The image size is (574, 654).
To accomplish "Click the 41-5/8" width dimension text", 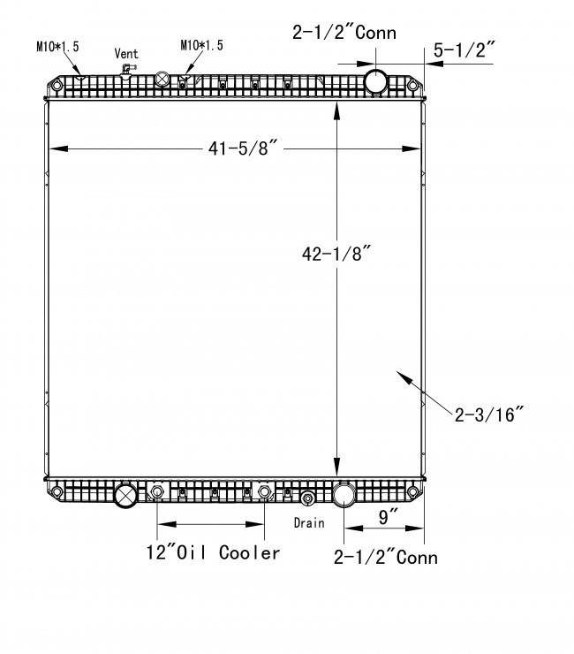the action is pyautogui.click(x=243, y=148).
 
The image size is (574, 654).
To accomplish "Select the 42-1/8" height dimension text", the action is pyautogui.click(x=336, y=254).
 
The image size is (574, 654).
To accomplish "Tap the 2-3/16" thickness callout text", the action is pyautogui.click(x=488, y=414).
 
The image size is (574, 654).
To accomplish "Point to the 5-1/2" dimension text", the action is pyautogui.click(x=464, y=50).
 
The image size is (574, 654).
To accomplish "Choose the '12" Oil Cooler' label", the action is pyautogui.click(x=213, y=552).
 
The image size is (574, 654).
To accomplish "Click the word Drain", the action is pyautogui.click(x=309, y=522).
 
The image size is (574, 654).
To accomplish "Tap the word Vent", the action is pyautogui.click(x=126, y=53).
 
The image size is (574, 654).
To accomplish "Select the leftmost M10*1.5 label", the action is pyautogui.click(x=57, y=46).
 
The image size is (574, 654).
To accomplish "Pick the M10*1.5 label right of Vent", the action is pyautogui.click(x=201, y=45).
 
